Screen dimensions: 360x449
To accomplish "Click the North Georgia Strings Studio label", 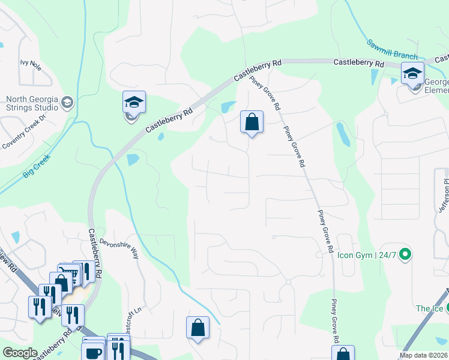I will pos(31,104).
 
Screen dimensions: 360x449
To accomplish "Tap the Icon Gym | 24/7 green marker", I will pos(405,254).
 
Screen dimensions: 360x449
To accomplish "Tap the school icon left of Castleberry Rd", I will pos(134,103).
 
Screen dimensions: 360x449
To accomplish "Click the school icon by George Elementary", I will pos(412,74).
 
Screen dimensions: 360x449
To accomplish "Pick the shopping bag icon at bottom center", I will pos(197,328).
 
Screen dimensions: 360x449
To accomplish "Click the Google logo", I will pos(20,353).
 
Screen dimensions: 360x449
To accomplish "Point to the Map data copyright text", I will pos(423,355).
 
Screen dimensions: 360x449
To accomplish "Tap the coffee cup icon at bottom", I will pos(94,352).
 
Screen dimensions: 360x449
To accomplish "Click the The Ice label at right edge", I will pos(429,308).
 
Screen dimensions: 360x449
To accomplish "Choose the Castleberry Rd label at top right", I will pos(358,62).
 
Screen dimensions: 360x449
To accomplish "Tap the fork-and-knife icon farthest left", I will pos(40,307).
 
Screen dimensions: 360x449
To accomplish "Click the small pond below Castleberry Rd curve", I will pos(133,160).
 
